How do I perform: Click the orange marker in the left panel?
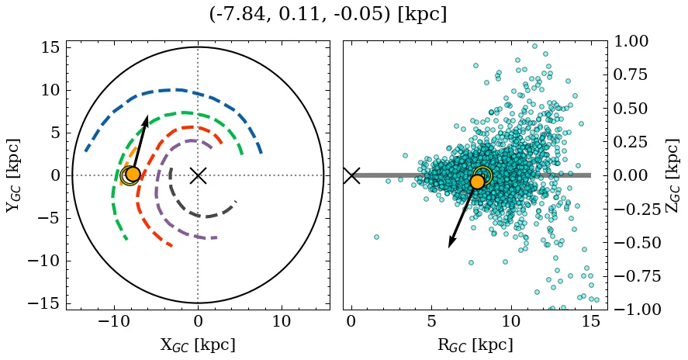133,175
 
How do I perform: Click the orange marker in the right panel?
477,182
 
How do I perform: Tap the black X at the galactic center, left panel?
198,175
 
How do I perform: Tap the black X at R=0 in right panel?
351,175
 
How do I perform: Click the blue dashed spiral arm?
178,90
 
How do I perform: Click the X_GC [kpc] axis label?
198,344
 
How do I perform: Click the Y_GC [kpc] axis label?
14,175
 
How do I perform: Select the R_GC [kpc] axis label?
475,344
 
